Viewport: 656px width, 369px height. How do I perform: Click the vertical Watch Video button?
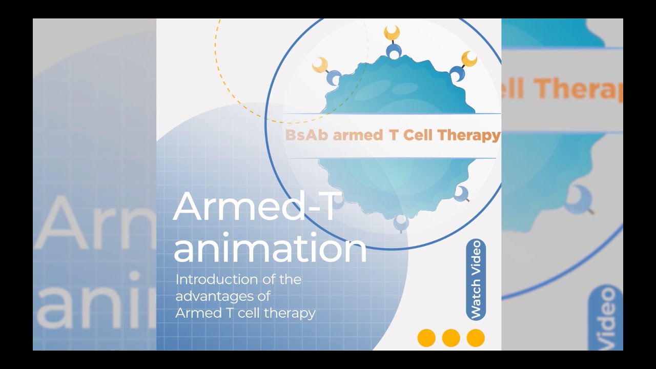[x=476, y=280]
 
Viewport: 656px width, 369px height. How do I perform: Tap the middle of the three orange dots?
[x=451, y=338]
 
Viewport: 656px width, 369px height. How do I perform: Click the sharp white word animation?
[x=270, y=248]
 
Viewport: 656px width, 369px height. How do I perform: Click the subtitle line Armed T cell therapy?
[x=245, y=313]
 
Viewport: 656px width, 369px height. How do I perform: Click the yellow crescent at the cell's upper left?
[x=320, y=65]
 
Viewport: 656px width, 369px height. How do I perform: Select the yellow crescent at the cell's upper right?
[x=469, y=58]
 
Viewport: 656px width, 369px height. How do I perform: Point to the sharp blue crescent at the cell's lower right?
[x=461, y=193]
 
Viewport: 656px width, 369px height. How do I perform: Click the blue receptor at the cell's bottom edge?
[x=401, y=223]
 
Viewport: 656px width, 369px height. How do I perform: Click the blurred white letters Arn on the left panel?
[x=95, y=223]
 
